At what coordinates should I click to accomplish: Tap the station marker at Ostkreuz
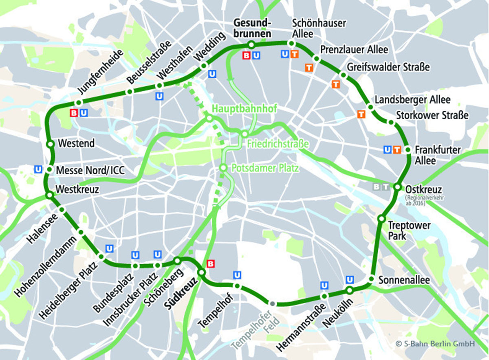tap(397, 187)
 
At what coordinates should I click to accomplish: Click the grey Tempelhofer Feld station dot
tap(272, 304)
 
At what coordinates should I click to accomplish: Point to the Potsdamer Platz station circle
tap(223, 168)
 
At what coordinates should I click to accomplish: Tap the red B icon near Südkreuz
tap(211, 264)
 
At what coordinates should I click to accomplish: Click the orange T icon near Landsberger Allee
tap(361, 114)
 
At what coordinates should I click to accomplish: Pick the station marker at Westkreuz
tap(49, 195)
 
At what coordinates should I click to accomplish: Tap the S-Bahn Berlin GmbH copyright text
tap(435, 344)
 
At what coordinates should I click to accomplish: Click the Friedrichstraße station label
tap(278, 144)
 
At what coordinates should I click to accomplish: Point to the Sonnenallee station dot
tap(371, 279)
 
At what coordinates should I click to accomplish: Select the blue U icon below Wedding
tap(212, 74)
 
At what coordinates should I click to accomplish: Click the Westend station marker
tap(50, 144)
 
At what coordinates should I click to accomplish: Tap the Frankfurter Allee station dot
tap(408, 150)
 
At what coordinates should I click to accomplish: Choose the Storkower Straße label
tap(432, 115)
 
